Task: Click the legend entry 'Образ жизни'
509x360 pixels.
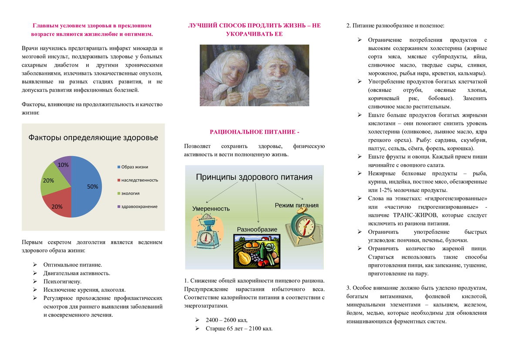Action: coord(135,167)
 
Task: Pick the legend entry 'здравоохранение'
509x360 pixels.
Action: coord(139,206)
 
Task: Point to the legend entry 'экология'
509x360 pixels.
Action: coord(131,193)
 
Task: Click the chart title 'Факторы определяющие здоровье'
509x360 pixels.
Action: coord(93,138)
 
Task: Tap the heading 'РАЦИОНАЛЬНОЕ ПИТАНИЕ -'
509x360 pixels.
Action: coord(255,132)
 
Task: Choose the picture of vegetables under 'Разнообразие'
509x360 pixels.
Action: coord(257,251)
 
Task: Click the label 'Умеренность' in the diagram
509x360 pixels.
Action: coord(211,209)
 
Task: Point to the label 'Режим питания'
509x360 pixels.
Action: coord(297,205)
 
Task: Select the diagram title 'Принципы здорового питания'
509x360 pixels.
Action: coord(254,177)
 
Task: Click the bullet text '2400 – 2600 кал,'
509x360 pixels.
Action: coord(226,320)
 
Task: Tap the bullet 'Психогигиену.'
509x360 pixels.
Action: coord(62,281)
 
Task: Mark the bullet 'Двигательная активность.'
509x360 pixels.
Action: coord(77,273)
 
